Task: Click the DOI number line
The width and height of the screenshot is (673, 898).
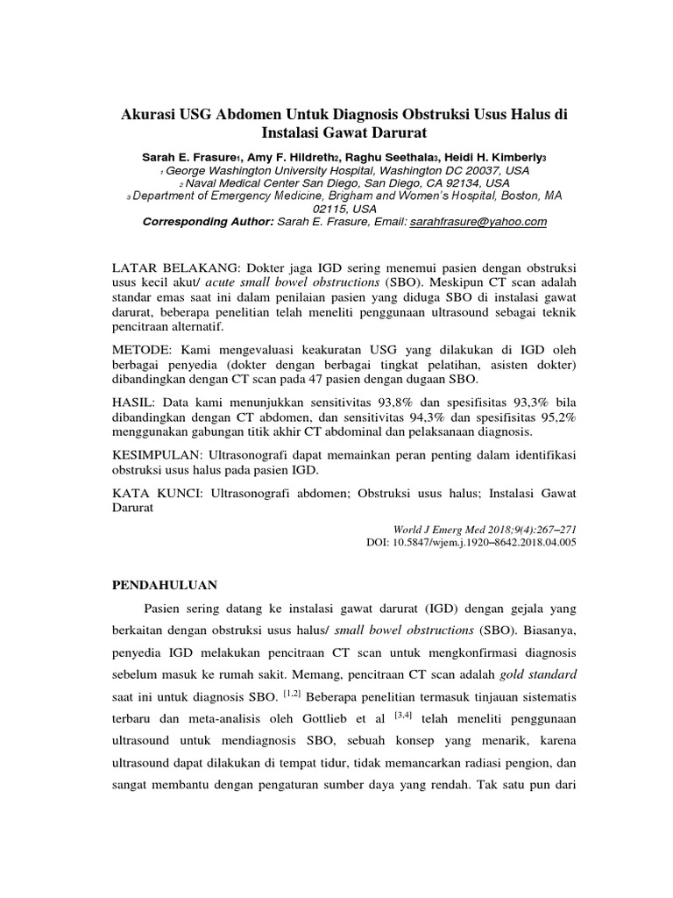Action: coord(471,543)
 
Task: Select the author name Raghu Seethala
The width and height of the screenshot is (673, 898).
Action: coord(383,156)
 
